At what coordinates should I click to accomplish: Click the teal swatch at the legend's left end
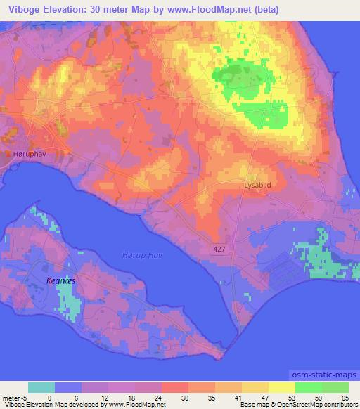41,387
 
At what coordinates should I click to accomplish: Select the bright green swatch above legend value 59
309,387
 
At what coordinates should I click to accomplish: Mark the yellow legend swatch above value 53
282,387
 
